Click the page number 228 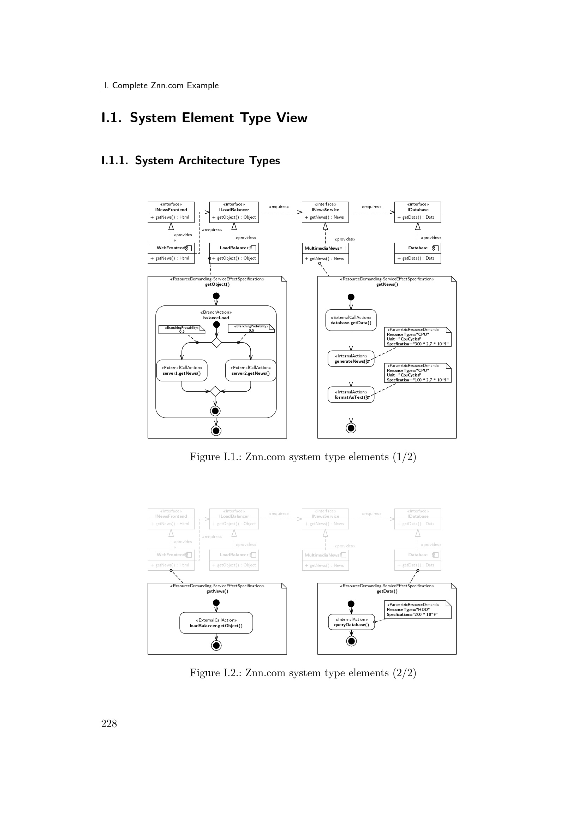click(x=109, y=724)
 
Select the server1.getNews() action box click(x=181, y=370)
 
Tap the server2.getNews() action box click(x=251, y=370)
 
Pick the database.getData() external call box click(x=351, y=320)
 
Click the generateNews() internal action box click(x=351, y=359)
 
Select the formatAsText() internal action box click(x=351, y=395)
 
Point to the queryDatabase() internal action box click(x=351, y=622)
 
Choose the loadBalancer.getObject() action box click(x=216, y=623)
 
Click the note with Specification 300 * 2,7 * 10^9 click(x=417, y=337)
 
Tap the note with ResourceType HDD click(x=417, y=610)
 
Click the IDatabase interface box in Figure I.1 click(x=417, y=212)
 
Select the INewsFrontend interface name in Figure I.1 click(x=171, y=210)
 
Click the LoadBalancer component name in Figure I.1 click(x=234, y=248)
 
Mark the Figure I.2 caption click(x=303, y=673)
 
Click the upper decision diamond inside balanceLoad click(x=216, y=343)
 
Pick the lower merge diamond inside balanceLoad click(x=215, y=391)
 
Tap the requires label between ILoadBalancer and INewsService click(x=279, y=207)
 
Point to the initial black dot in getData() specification click(x=351, y=604)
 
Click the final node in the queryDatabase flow click(x=351, y=641)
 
